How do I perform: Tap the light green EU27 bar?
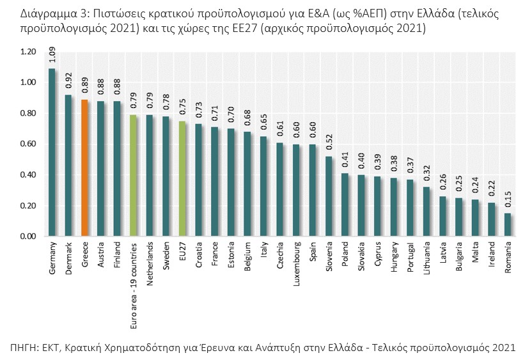pos(182,178)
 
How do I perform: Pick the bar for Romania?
pos(507,224)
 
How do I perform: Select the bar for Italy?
pos(263,186)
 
